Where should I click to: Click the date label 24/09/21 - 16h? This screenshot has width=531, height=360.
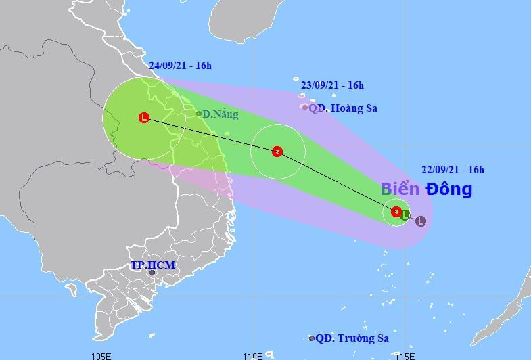point(180,65)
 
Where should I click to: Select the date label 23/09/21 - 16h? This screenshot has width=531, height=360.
point(332,85)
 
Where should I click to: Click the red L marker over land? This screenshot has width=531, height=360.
point(143,118)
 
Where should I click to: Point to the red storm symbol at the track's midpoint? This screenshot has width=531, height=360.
point(277,152)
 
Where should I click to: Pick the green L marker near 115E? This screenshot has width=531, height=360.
point(405,216)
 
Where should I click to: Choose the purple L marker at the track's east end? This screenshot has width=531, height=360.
point(421,221)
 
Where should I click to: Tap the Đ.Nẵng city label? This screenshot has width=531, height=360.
point(221,114)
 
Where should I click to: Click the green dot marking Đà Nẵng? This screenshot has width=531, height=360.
point(199,114)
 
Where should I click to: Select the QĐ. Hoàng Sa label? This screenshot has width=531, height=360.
point(343,108)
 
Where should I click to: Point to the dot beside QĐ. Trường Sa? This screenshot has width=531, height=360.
point(312,338)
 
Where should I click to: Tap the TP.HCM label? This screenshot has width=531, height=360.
point(153,265)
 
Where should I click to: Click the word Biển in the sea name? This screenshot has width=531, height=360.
point(400,189)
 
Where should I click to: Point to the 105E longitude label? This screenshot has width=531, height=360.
point(101,355)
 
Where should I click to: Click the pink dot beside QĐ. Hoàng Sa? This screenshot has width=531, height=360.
point(305,107)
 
